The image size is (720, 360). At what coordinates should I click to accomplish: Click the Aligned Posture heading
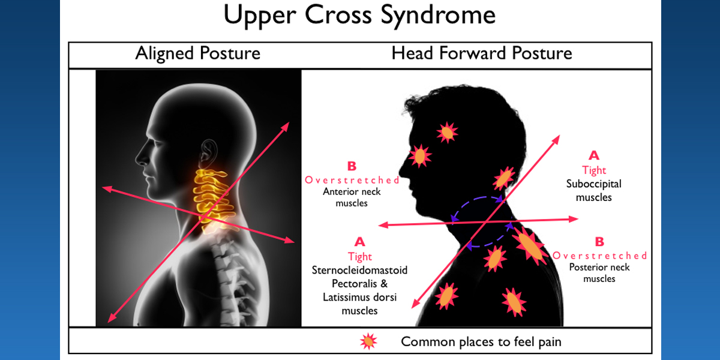click(197, 53)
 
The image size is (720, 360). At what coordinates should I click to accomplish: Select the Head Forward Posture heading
click(481, 53)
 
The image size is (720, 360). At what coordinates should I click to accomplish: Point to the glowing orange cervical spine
click(214, 199)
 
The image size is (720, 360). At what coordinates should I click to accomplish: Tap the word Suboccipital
click(593, 184)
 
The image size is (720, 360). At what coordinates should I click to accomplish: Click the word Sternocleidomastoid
click(359, 270)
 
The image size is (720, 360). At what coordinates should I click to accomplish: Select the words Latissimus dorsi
click(359, 297)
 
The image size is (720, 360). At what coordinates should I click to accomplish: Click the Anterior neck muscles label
click(352, 197)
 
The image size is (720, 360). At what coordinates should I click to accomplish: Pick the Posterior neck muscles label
click(599, 273)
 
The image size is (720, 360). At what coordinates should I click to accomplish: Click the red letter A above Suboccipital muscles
click(594, 155)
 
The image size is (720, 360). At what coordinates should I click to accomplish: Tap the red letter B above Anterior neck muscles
click(352, 166)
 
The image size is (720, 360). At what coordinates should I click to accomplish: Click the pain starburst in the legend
click(368, 341)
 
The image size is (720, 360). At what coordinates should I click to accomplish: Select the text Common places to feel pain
click(481, 341)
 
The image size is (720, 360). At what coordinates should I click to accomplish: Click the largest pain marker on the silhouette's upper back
click(530, 246)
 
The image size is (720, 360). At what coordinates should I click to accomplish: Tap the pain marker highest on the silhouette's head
click(447, 132)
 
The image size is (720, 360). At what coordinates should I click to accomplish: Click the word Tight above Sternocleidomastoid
click(359, 257)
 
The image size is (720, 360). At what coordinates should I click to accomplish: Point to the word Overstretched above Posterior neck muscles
click(599, 256)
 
